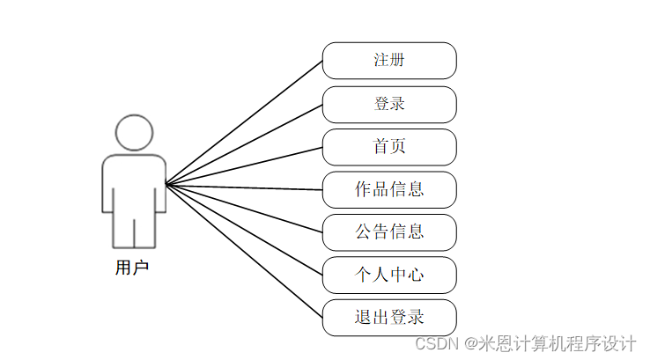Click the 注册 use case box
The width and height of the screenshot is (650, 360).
point(388,61)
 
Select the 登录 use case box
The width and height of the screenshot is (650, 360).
point(388,104)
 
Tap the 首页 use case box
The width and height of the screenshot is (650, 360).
point(388,147)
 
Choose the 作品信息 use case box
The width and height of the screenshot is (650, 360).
point(388,189)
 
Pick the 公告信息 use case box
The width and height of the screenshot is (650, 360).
point(388,232)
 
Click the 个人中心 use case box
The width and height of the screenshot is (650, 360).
point(388,275)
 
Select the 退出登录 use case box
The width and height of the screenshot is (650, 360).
point(388,318)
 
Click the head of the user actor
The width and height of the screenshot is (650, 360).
point(134,133)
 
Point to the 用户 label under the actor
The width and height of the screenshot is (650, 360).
point(132,268)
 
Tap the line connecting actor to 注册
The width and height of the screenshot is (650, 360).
point(244,123)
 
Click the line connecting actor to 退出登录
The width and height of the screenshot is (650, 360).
point(244,251)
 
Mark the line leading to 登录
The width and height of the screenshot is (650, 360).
point(244,144)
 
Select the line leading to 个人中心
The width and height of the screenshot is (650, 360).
point(244,230)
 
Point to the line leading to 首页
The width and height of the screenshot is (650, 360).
point(244,165)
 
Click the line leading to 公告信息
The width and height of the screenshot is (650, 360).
point(244,209)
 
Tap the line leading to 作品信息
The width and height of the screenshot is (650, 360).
point(244,187)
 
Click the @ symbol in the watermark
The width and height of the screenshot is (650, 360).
point(471,343)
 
